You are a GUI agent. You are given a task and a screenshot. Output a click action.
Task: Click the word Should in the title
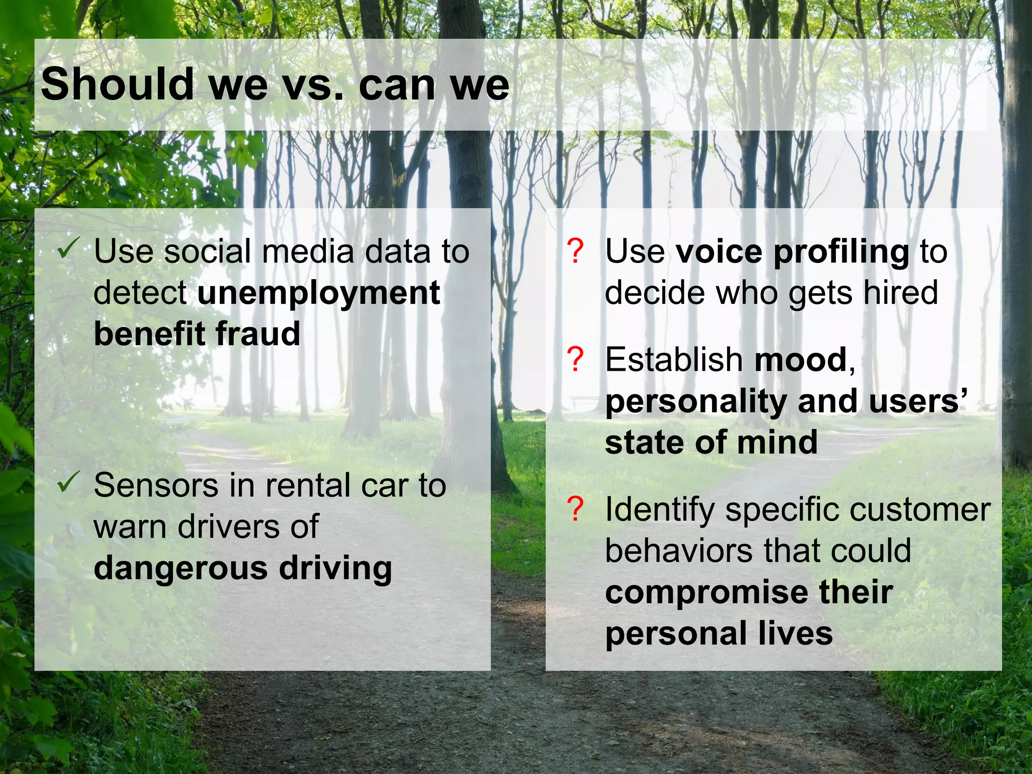click(x=117, y=84)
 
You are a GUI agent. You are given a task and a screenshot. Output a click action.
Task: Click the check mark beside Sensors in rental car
click(x=68, y=481)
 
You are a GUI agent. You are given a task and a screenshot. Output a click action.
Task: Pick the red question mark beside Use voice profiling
click(x=575, y=251)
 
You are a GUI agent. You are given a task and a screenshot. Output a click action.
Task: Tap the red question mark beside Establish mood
click(x=575, y=359)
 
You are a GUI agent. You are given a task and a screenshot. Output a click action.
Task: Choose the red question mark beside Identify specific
click(x=575, y=509)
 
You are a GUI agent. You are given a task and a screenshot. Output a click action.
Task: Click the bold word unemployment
click(x=318, y=293)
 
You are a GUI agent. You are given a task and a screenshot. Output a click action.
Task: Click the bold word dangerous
click(x=181, y=568)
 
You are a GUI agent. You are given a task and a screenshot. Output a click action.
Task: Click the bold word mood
click(x=801, y=360)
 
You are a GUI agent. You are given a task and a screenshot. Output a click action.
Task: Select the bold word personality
click(x=696, y=402)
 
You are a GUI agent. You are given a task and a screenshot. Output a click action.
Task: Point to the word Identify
click(x=660, y=510)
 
